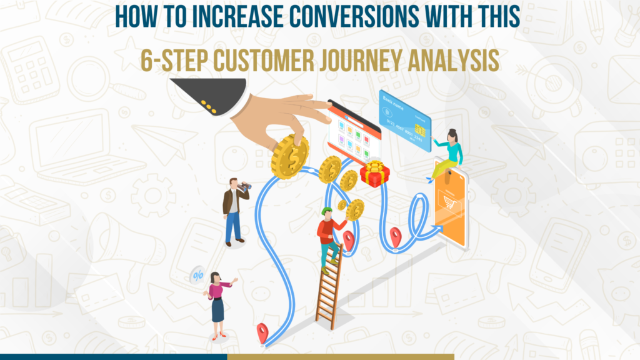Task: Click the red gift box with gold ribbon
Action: click(375, 173)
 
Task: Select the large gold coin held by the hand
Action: click(289, 156)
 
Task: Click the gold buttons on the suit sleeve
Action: click(209, 107)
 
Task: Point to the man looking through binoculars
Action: click(234, 209)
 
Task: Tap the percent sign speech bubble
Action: click(197, 274)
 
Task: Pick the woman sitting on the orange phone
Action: click(449, 153)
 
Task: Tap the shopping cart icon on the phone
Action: click(449, 201)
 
